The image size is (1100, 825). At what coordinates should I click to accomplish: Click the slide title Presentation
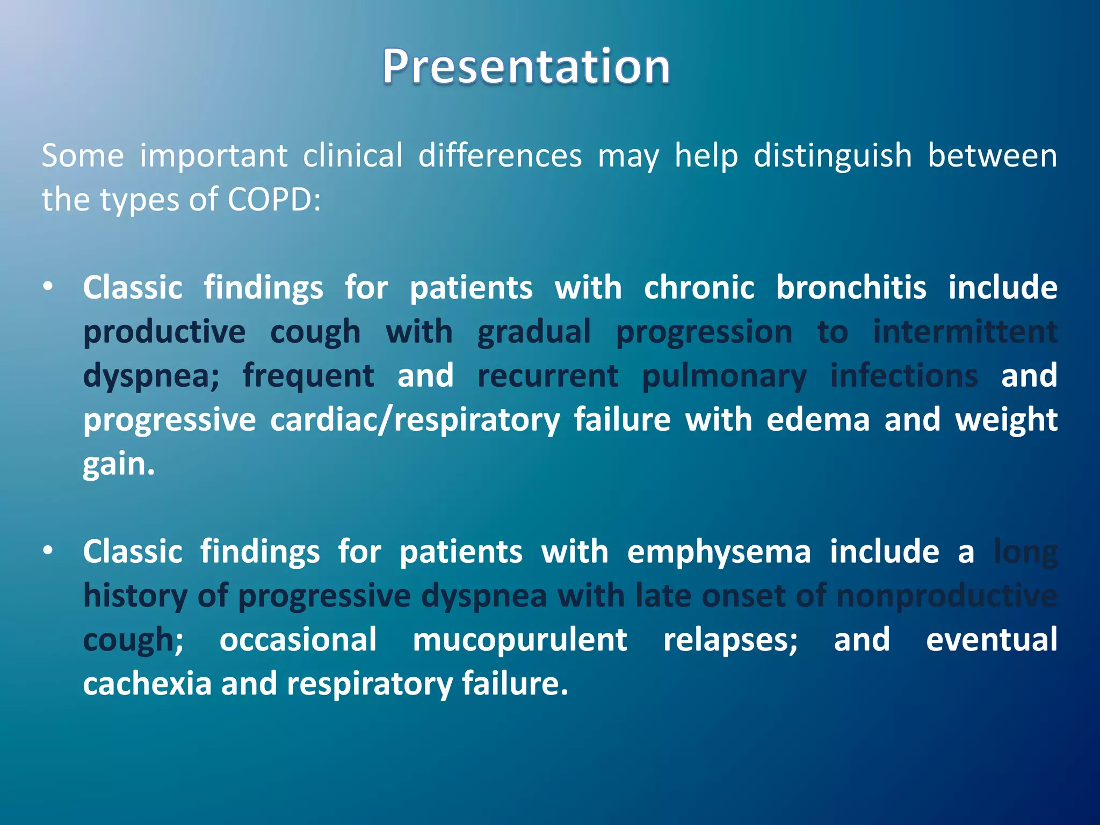[526, 67]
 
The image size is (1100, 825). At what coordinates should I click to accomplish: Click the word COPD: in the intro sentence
[274, 200]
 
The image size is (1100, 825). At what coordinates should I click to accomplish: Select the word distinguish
[833, 156]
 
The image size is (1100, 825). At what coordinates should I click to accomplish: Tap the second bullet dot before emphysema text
[48, 551]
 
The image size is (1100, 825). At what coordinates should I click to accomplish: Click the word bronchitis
[851, 287]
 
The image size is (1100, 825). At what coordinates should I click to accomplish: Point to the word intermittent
[965, 332]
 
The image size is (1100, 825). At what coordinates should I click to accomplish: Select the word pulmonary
[724, 376]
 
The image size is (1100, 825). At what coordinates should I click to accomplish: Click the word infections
[904, 375]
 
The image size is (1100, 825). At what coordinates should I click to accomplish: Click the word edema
[817, 420]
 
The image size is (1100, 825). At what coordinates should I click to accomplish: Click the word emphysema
[719, 552]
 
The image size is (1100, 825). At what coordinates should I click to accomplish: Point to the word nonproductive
[946, 596]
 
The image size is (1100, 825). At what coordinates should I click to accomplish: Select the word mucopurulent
[519, 640]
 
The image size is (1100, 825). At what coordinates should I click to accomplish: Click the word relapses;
[730, 640]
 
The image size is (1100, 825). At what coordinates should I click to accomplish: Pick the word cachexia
[147, 684]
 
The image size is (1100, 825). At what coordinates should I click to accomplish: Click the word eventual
[992, 640]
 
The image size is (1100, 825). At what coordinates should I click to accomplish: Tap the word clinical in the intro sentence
[353, 156]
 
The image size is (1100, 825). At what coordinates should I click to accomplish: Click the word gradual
[534, 332]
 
